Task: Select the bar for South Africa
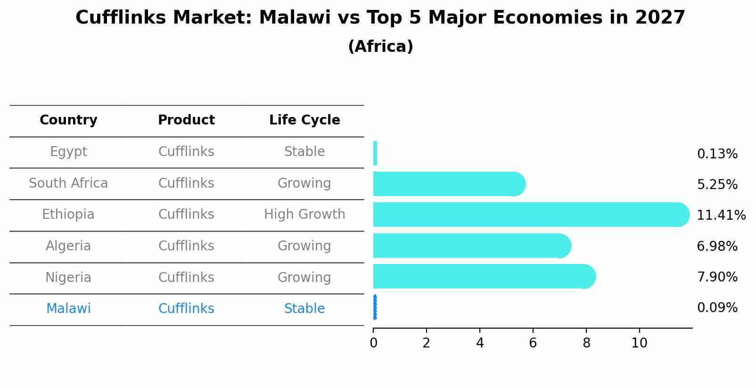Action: click(x=448, y=184)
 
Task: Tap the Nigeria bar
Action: click(x=483, y=276)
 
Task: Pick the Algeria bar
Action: click(x=471, y=246)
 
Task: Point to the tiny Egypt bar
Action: click(x=375, y=153)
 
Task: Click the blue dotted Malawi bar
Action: click(x=375, y=307)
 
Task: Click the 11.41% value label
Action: click(x=721, y=215)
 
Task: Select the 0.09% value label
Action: click(x=717, y=308)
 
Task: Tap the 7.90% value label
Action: click(x=717, y=277)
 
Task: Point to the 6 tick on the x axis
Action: click(x=533, y=343)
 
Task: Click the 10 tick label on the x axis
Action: click(x=639, y=343)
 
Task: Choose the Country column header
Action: click(x=68, y=120)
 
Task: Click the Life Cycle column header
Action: click(x=304, y=120)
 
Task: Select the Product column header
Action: click(x=186, y=120)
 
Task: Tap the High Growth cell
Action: click(x=304, y=215)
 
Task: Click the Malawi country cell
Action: click(x=68, y=309)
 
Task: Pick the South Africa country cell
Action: click(x=68, y=183)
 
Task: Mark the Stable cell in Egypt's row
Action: click(x=304, y=152)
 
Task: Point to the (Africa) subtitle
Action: click(x=380, y=47)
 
